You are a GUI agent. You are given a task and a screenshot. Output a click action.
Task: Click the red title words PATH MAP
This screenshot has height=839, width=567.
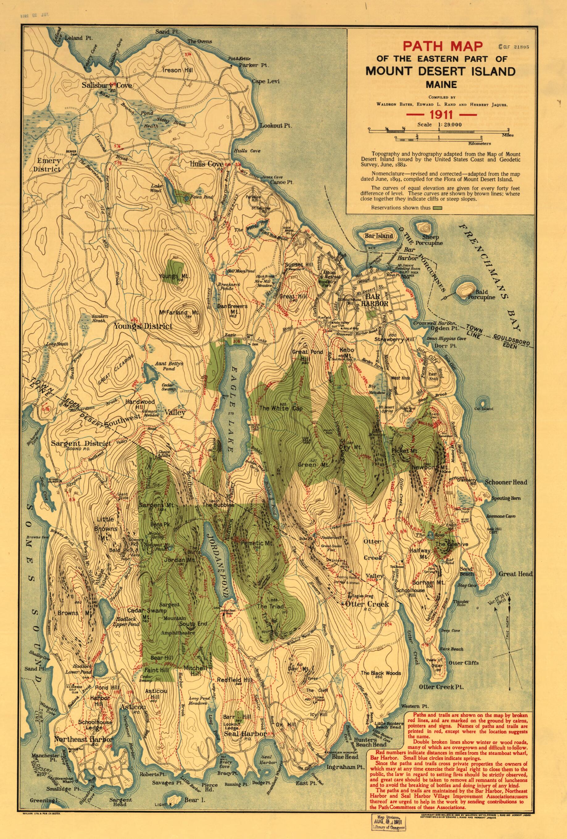click(x=443, y=46)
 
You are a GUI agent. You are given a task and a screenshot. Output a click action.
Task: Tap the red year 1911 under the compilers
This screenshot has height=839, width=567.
click(x=440, y=115)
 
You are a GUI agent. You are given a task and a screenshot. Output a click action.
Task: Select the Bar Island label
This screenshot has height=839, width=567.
click(x=378, y=236)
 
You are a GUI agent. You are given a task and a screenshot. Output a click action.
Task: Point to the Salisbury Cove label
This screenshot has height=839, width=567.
click(x=106, y=85)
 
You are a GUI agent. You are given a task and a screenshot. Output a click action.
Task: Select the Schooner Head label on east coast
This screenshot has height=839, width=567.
click(x=506, y=482)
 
